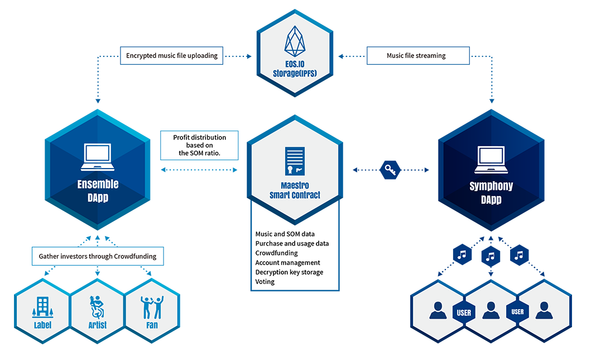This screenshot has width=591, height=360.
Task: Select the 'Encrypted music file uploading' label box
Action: tap(172, 56)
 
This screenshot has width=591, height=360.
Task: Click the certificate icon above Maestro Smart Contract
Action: tap(295, 161)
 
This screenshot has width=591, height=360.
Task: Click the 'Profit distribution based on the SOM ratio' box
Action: tap(199, 145)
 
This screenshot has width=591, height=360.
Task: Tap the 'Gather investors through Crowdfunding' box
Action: tap(98, 257)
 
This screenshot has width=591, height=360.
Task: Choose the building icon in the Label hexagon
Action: tap(43, 306)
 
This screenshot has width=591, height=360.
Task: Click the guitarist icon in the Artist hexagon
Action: tap(98, 306)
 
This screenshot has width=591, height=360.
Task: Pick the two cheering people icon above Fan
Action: tap(152, 306)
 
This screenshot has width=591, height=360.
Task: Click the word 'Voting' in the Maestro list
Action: tap(265, 282)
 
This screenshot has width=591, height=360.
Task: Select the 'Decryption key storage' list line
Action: tap(289, 272)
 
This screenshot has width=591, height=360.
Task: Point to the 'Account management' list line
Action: tap(287, 262)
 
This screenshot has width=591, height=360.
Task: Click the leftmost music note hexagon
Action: tap(462, 255)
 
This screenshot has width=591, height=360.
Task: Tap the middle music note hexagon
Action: tap(491, 257)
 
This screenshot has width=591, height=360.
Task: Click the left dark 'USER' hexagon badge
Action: tap(464, 313)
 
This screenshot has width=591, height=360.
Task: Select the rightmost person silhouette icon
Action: tap(544, 310)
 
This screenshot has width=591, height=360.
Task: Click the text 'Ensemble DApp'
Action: tap(98, 190)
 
